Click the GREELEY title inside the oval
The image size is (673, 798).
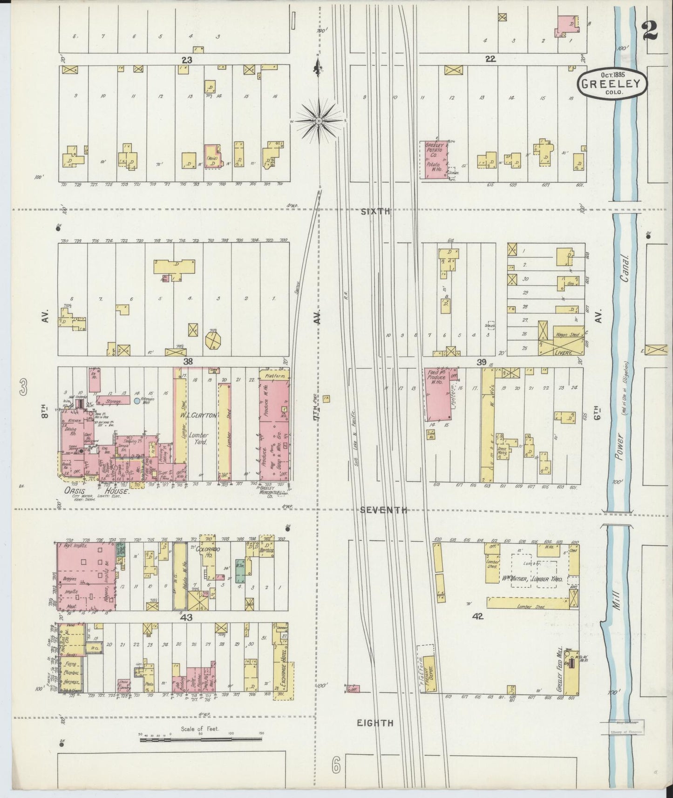pos(612,84)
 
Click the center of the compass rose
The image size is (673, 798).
pos(319,121)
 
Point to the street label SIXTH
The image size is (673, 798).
pos(375,211)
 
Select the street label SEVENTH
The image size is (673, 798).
pos(384,510)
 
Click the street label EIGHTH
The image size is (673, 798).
pos(375,723)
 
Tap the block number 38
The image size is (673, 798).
pos(188,361)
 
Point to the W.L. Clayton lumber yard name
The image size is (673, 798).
pos(202,417)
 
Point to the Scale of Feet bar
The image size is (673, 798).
pos(201,739)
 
